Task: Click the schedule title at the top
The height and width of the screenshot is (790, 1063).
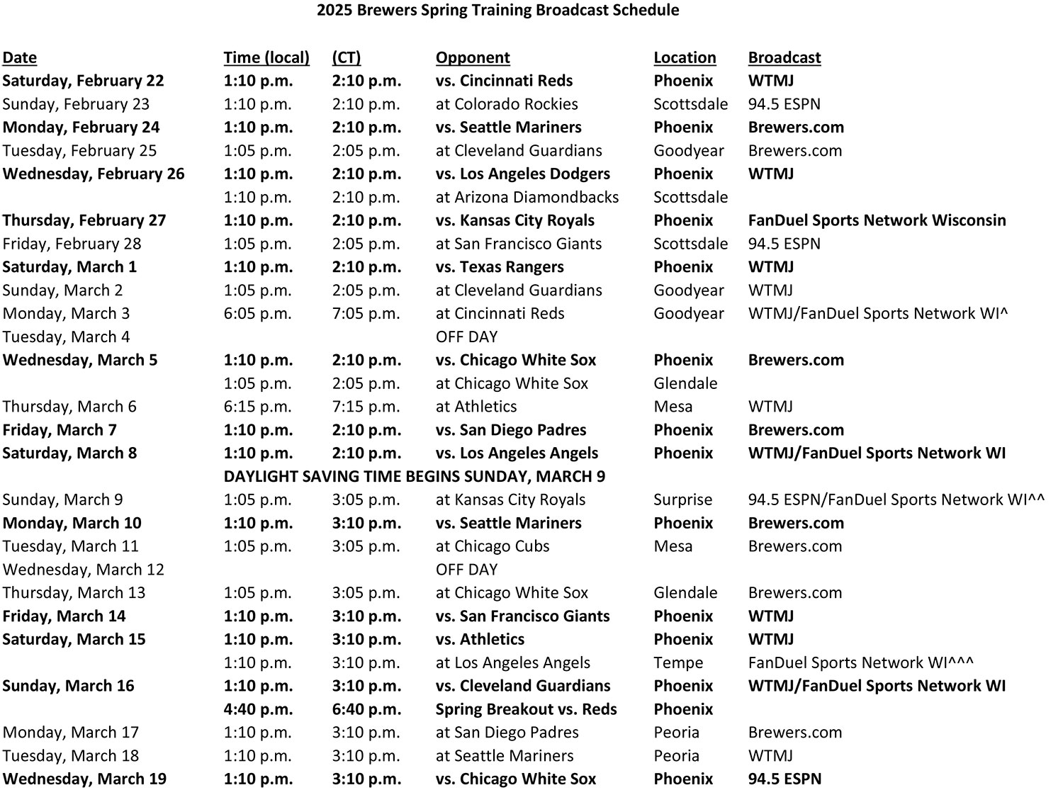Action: (x=497, y=11)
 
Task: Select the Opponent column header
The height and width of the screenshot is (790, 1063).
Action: (x=473, y=58)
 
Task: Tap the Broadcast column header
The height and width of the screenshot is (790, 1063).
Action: (x=784, y=58)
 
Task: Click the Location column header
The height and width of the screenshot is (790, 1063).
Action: (x=685, y=58)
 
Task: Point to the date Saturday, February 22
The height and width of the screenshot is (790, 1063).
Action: (x=83, y=81)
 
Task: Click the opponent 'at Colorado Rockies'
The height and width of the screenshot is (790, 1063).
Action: (x=507, y=104)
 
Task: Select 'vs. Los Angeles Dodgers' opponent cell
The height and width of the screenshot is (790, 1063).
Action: (x=522, y=174)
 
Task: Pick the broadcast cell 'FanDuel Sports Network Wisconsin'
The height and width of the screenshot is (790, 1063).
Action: (x=877, y=220)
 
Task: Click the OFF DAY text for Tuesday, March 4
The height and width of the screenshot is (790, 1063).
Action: (x=466, y=337)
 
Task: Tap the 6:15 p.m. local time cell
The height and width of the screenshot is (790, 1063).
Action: (x=257, y=407)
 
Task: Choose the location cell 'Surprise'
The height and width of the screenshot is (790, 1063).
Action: (x=682, y=500)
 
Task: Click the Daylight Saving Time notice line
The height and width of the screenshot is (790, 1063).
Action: (x=414, y=476)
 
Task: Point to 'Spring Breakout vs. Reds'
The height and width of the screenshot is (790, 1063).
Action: (x=526, y=709)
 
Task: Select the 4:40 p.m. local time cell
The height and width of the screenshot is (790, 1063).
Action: (x=258, y=709)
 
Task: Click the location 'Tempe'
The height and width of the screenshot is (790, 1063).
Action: (x=678, y=662)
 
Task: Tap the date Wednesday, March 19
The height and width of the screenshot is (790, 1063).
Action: (x=84, y=779)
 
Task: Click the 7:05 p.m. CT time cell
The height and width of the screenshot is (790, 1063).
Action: (x=366, y=314)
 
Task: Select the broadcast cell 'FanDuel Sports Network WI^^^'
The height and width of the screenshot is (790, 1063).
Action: (x=860, y=662)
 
